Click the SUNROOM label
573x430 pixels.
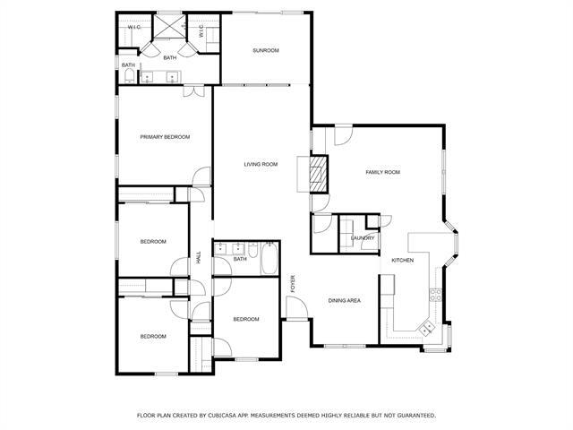(x=265, y=50)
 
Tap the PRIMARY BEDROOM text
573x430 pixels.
(x=165, y=136)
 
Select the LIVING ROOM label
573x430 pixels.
(x=261, y=164)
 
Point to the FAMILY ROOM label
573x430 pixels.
(x=381, y=172)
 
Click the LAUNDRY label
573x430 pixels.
(x=363, y=237)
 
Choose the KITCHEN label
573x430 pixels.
(x=403, y=260)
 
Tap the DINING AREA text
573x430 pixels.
(x=344, y=300)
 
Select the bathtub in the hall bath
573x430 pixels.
(x=266, y=262)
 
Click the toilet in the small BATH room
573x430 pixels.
(x=131, y=77)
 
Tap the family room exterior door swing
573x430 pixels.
(x=343, y=134)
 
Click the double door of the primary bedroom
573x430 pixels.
(x=192, y=90)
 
